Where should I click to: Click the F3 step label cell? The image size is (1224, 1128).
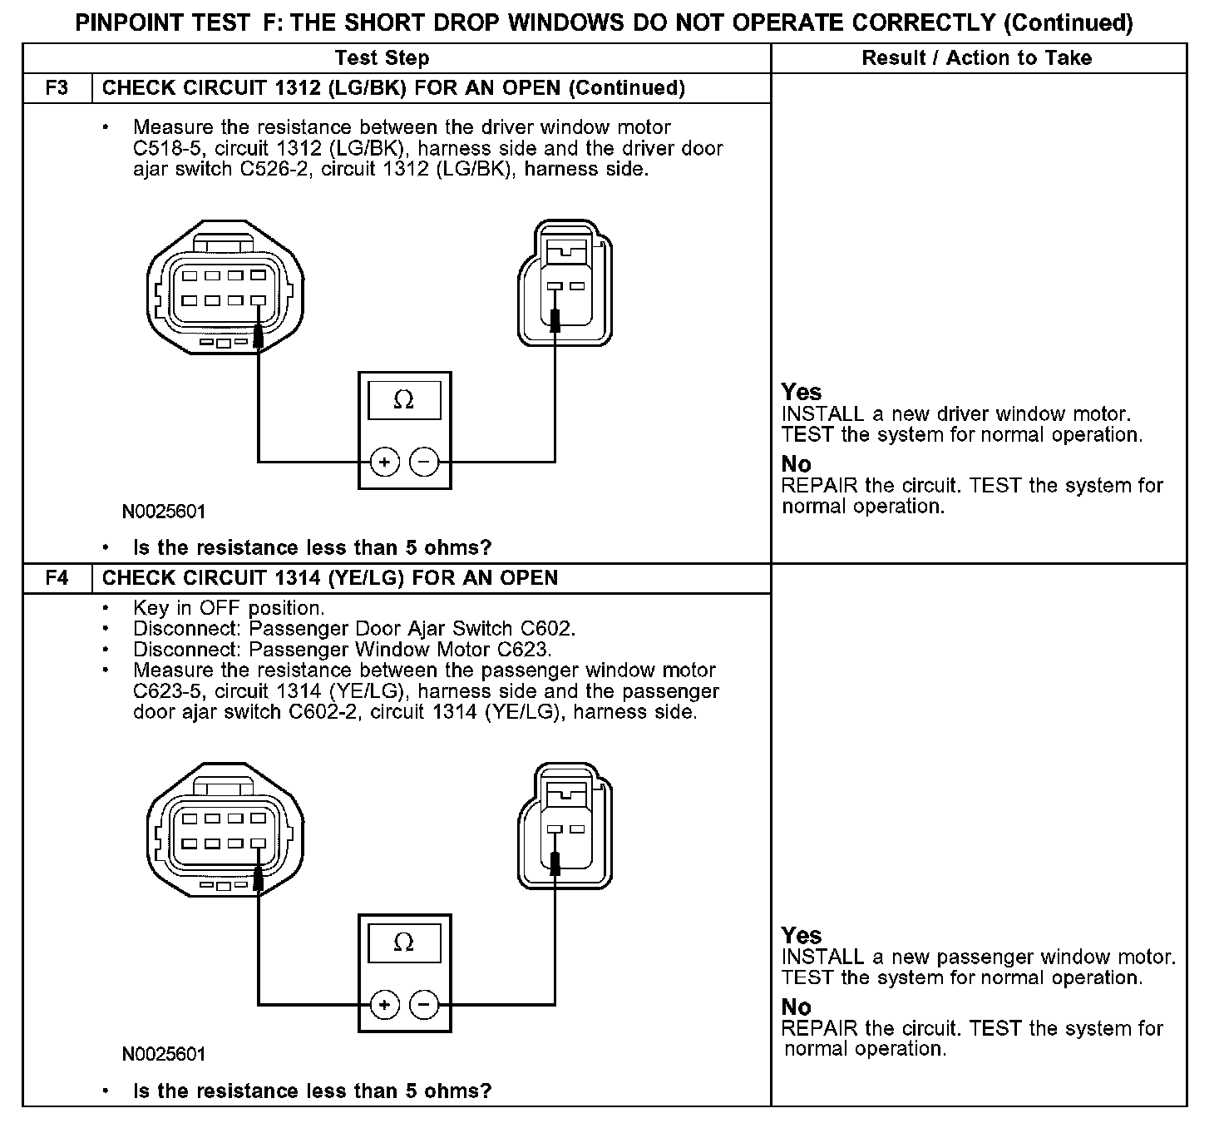pos(57,88)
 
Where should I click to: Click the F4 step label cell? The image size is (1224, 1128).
pos(57,578)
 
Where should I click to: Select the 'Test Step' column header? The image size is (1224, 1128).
pos(382,58)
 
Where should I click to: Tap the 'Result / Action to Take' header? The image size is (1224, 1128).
pos(976,58)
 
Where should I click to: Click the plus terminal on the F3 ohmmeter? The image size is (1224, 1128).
pos(384,462)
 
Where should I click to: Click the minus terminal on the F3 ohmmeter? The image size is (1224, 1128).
pos(424,462)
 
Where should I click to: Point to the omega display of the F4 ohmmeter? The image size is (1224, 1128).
pos(404,942)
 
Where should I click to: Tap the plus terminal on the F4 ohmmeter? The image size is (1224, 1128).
pos(384,1005)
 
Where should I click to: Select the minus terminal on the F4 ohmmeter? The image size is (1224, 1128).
pos(424,1005)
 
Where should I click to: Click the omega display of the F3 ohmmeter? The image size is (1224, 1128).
pos(404,400)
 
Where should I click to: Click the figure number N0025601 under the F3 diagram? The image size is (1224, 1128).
pos(164,512)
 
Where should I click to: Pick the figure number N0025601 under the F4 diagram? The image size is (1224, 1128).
pos(164,1055)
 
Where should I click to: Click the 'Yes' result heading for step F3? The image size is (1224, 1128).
pos(801,393)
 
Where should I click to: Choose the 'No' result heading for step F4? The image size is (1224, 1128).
pos(796,1007)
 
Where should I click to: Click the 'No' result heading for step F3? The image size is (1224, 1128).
pos(796,464)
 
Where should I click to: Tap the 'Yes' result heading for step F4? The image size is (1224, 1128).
pos(801,936)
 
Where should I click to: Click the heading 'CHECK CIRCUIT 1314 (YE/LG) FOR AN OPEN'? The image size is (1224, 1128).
pos(330,578)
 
